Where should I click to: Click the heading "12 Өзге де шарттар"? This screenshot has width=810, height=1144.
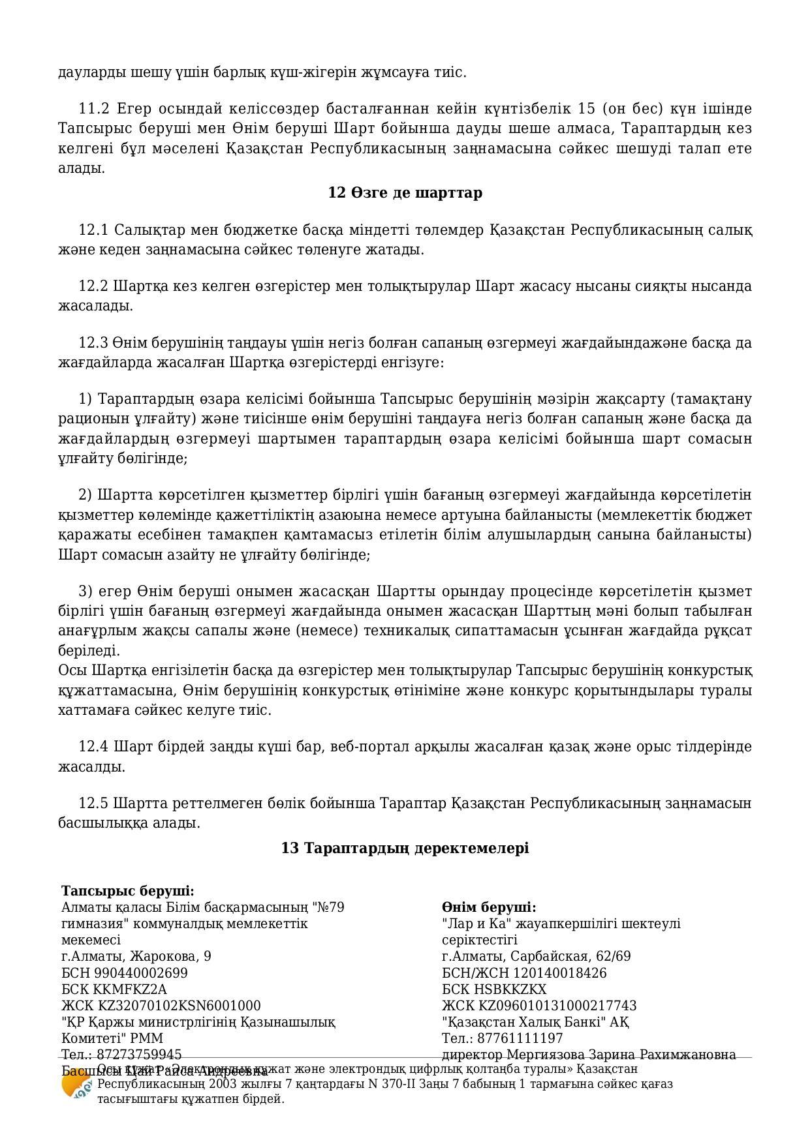405,193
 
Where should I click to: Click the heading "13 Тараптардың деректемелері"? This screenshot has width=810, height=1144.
405,848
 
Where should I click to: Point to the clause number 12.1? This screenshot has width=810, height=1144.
93,230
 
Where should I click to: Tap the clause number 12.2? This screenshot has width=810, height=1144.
93,286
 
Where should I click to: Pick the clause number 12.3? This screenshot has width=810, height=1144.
93,343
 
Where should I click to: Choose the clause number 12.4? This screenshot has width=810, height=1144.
93,747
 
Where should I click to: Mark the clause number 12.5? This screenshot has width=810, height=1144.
93,804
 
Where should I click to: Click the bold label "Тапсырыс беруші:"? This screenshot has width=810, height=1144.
128,891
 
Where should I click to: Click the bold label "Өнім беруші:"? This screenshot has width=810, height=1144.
489,907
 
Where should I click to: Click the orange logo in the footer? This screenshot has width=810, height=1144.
74,1085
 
